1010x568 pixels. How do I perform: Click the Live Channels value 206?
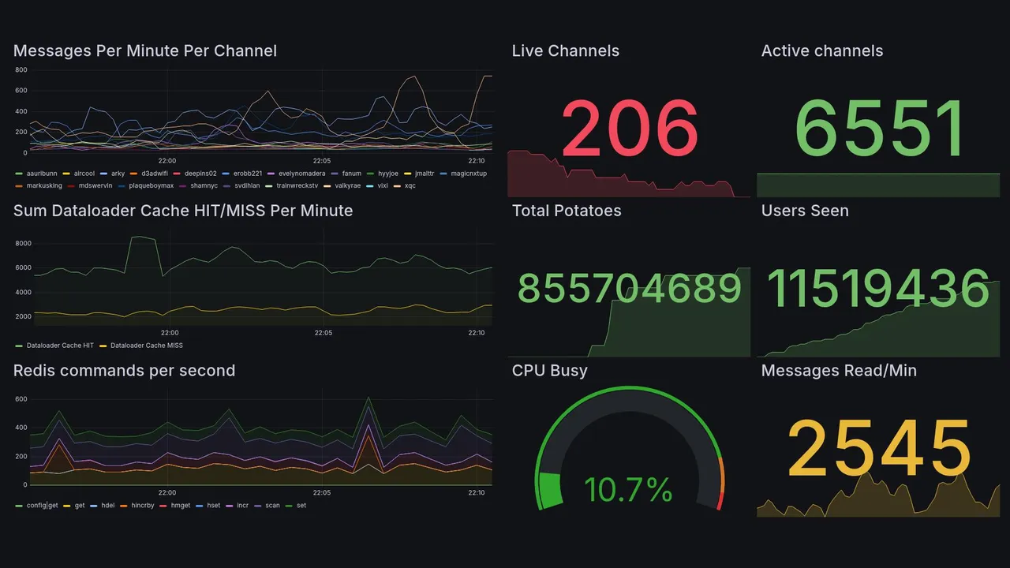point(630,128)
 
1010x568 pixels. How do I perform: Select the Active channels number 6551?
point(879,128)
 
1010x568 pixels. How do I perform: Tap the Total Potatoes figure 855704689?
point(630,289)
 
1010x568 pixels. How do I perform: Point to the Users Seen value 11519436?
point(878,289)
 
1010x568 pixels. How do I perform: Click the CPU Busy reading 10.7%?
point(628,490)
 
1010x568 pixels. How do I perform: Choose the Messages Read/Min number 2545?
point(879,449)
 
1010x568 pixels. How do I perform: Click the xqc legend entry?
point(410,186)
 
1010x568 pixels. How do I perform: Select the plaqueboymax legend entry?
point(151,186)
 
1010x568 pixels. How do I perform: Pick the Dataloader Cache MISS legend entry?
point(146,346)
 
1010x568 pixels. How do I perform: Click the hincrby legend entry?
point(142,506)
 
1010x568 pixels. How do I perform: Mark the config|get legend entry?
point(42,506)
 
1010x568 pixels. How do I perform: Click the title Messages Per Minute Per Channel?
point(145,51)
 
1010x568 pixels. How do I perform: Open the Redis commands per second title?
point(124,371)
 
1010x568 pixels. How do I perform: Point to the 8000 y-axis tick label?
point(23,244)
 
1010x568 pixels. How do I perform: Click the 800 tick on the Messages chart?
point(21,70)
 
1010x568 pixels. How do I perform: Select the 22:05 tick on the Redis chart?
point(322,492)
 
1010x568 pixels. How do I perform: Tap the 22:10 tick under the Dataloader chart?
point(476,333)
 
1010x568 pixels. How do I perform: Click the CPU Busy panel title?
point(549,371)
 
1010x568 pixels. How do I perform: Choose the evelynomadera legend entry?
point(301,174)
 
